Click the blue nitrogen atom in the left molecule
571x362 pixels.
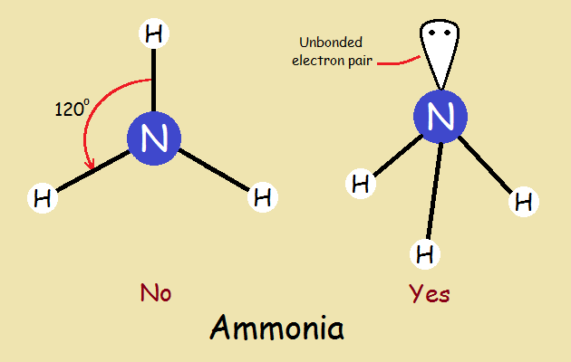click(x=154, y=138)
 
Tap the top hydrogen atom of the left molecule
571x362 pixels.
click(x=155, y=35)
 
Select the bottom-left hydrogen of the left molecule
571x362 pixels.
click(x=42, y=196)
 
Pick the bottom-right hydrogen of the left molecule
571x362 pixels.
click(x=262, y=195)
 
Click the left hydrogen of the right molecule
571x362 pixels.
click(x=361, y=185)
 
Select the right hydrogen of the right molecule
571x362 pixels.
click(x=523, y=201)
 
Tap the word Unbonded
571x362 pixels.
click(x=333, y=42)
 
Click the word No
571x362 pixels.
click(x=155, y=293)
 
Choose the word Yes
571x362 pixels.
click(x=429, y=293)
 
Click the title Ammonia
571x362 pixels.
click(x=276, y=327)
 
